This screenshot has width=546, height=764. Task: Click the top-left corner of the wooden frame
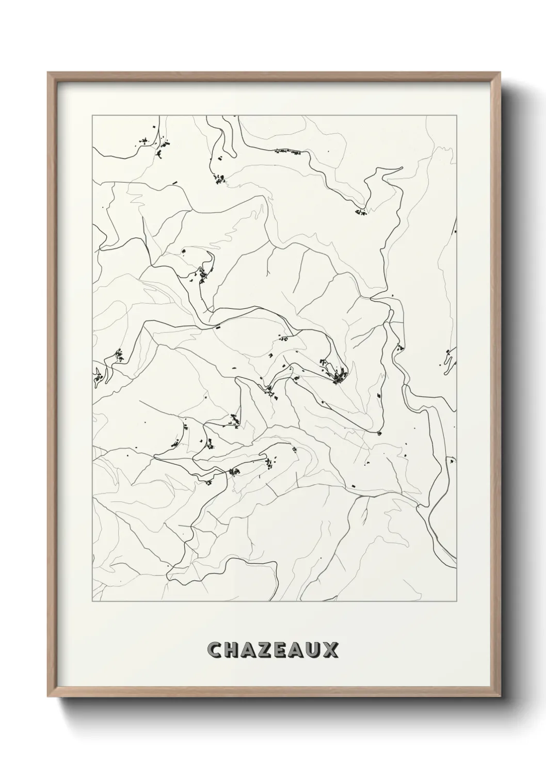click(48, 73)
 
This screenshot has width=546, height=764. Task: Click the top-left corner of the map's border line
click(92, 116)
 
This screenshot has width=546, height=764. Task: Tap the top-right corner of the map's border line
click(456, 116)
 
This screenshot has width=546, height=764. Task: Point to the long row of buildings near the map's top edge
click(287, 152)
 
